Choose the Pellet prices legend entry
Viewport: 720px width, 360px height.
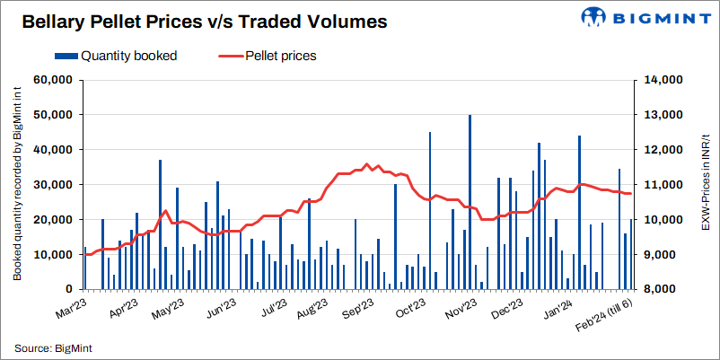pyautogui.click(x=268, y=56)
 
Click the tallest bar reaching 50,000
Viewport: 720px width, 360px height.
pyautogui.click(x=470, y=202)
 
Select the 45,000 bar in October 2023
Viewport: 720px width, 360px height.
pyautogui.click(x=430, y=210)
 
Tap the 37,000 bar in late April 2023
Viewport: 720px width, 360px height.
pyautogui.click(x=160, y=224)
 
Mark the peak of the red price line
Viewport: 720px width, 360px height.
pyautogui.click(x=366, y=164)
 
